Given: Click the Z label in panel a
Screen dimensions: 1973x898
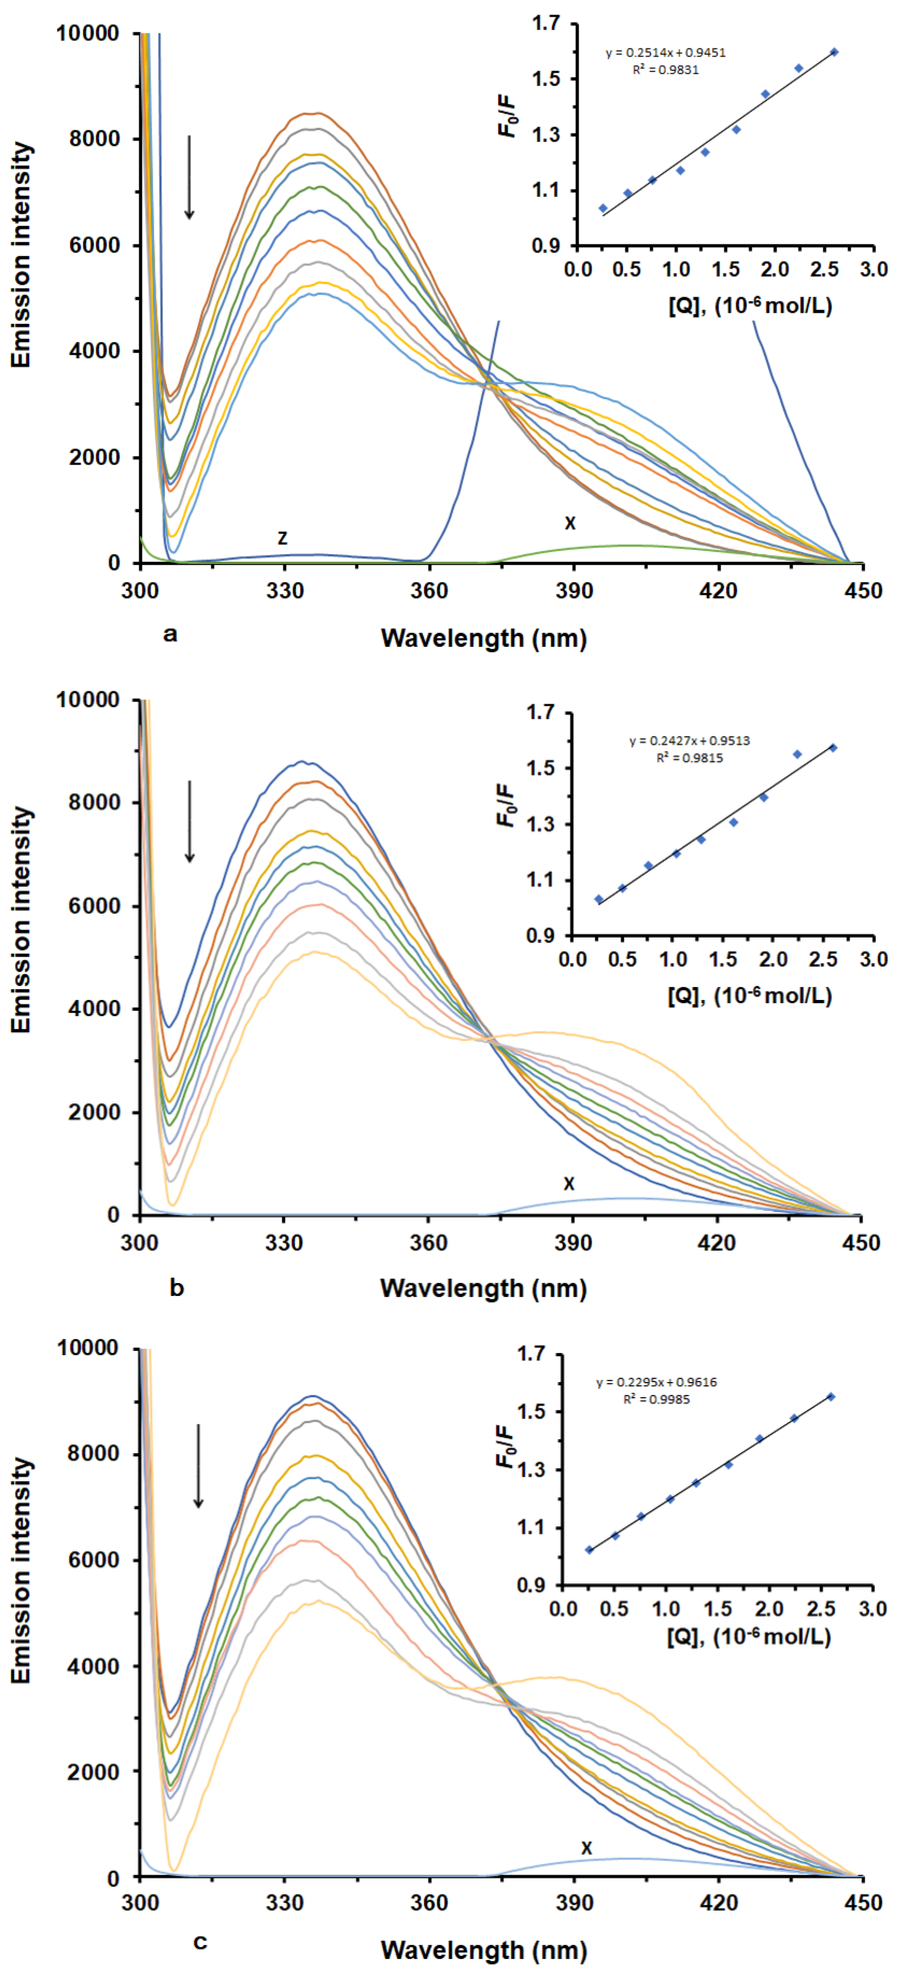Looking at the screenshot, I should (x=282, y=538).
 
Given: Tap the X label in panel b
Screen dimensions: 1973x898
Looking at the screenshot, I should (x=569, y=1184).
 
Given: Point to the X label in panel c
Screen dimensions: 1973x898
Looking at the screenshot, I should (x=587, y=1848).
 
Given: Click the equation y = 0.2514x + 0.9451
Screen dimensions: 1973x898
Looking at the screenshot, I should (x=665, y=53).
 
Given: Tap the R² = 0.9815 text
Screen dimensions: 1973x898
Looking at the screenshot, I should (x=689, y=758).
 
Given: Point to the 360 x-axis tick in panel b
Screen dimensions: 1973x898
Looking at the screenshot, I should (x=428, y=1242).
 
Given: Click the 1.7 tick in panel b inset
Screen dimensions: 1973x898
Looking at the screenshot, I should (x=540, y=713).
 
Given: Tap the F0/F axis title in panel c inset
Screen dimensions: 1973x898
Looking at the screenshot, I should (x=506, y=1447).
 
